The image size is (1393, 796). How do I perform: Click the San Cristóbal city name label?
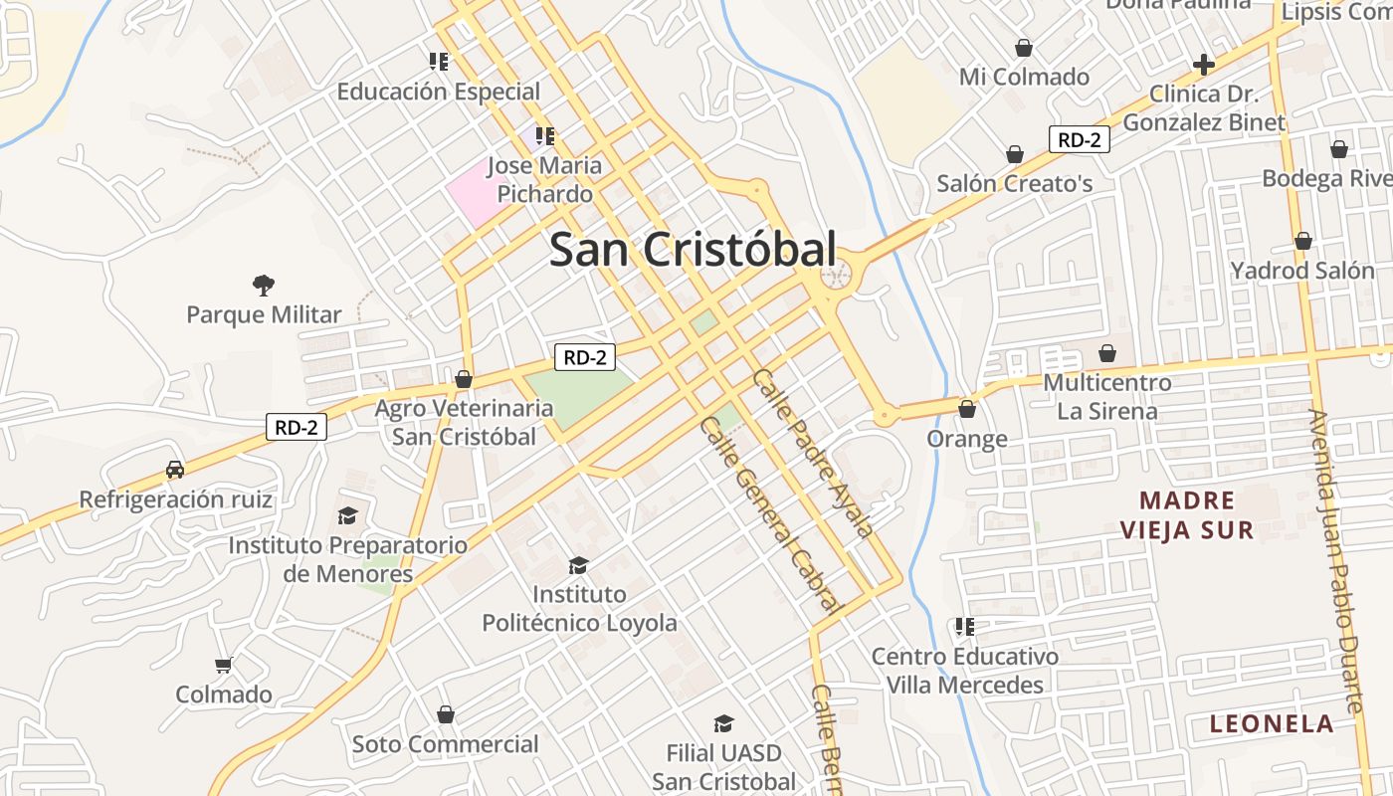click(x=693, y=249)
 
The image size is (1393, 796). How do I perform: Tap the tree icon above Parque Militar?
click(x=264, y=287)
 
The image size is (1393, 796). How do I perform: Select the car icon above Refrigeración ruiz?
click(x=175, y=469)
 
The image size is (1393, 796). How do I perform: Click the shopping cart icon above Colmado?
click(x=224, y=665)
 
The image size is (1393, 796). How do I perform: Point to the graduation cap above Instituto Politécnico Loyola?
click(x=578, y=565)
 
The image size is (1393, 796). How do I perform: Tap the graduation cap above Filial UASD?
click(x=723, y=723)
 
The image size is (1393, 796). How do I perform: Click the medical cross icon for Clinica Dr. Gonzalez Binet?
click(x=1204, y=66)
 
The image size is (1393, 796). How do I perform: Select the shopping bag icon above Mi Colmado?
click(x=1023, y=48)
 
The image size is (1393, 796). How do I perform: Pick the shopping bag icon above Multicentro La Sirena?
click(x=1107, y=353)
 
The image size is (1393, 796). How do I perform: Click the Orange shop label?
click(x=967, y=439)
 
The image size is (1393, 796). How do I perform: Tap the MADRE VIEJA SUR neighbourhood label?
click(x=1187, y=514)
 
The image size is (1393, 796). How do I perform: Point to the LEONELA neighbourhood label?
click(x=1272, y=723)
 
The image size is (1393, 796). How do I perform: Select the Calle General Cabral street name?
click(x=772, y=514)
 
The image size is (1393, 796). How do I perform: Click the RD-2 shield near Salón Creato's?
click(x=1079, y=139)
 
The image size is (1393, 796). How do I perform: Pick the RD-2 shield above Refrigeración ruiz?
click(x=297, y=428)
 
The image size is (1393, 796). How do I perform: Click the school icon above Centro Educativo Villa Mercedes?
click(x=964, y=627)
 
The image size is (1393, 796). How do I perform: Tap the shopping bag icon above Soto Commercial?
click(x=446, y=714)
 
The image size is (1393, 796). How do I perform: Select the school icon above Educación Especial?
click(x=439, y=62)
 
